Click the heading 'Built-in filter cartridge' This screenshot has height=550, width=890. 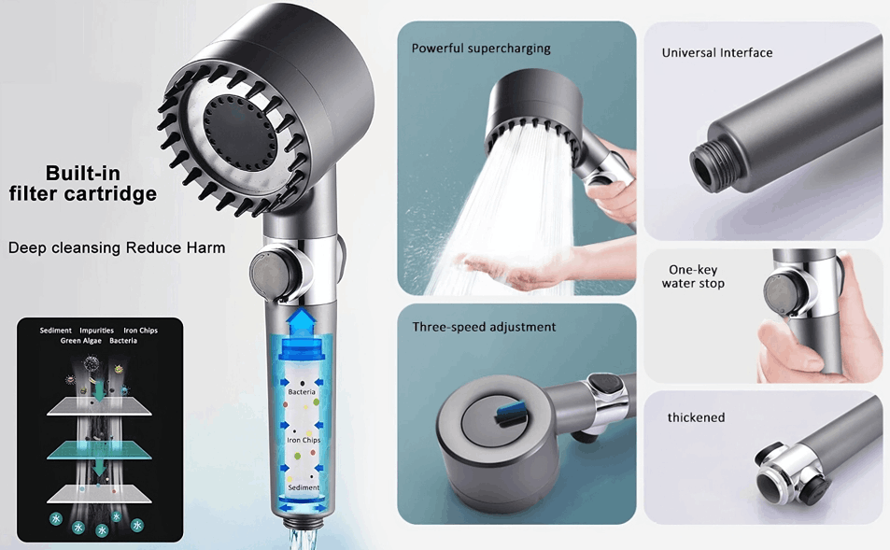click(83, 183)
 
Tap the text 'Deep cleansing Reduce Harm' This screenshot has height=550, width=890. click(117, 248)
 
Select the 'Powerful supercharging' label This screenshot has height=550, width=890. click(481, 49)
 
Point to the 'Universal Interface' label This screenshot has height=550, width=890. click(717, 53)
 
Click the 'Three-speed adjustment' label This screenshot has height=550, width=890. click(484, 327)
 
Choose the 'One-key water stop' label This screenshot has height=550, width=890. click(693, 276)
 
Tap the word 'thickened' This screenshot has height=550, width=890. click(696, 417)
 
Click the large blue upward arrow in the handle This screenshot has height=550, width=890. click(301, 324)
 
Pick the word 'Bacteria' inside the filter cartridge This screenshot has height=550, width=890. click(302, 391)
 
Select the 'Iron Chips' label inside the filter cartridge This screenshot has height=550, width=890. click(304, 440)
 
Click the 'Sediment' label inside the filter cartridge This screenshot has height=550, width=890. click(304, 487)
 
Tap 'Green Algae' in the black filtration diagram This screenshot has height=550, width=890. click(80, 341)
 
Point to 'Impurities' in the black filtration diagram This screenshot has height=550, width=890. click(96, 331)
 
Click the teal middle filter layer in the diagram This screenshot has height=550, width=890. click(99, 450)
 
